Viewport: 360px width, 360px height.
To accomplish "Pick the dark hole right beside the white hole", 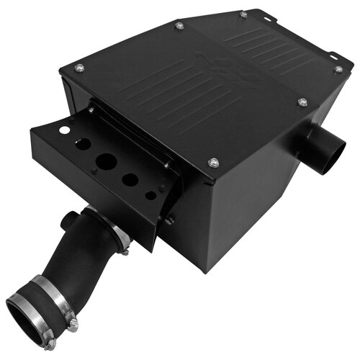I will tap(82, 143).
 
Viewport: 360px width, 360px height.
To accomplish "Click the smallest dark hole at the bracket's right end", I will tap(150, 195).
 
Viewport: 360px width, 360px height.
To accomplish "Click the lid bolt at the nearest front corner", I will tap(213, 163).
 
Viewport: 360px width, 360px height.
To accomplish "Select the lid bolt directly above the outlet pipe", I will tap(302, 103).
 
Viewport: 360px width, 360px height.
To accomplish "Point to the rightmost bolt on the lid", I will tap(338, 70).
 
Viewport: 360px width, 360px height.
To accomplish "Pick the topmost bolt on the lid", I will tap(243, 14).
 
